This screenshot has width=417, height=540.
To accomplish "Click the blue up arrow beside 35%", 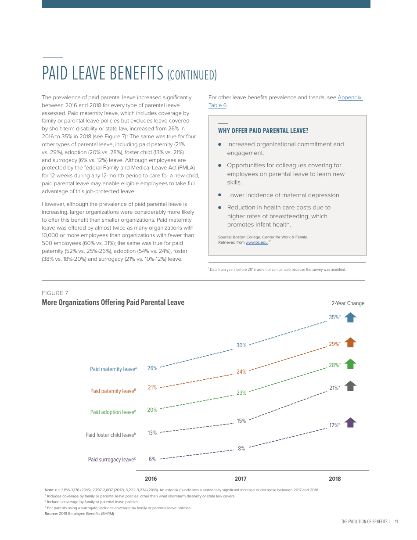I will (350, 317).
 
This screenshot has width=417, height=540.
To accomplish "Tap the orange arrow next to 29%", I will (350, 342).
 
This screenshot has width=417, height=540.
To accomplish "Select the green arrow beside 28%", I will (350, 364).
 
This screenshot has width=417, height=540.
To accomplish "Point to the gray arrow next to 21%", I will (350, 386).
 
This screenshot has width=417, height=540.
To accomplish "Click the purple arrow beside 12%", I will (350, 423).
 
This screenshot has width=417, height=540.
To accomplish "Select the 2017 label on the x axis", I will (241, 479).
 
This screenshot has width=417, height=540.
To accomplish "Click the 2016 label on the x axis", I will (151, 479).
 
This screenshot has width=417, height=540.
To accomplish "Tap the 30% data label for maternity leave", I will (241, 346).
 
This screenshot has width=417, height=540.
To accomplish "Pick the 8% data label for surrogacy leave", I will (241, 449).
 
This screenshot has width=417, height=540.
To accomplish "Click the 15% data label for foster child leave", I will (241, 421).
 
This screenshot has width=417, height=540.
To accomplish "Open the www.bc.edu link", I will (256, 242).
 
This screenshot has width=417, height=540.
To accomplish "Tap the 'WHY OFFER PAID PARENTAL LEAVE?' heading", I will (263, 131).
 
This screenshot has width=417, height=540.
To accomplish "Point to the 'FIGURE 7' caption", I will (55, 293).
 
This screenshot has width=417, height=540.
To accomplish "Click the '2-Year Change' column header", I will (348, 303).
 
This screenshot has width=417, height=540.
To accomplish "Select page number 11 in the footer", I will (396, 522).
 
